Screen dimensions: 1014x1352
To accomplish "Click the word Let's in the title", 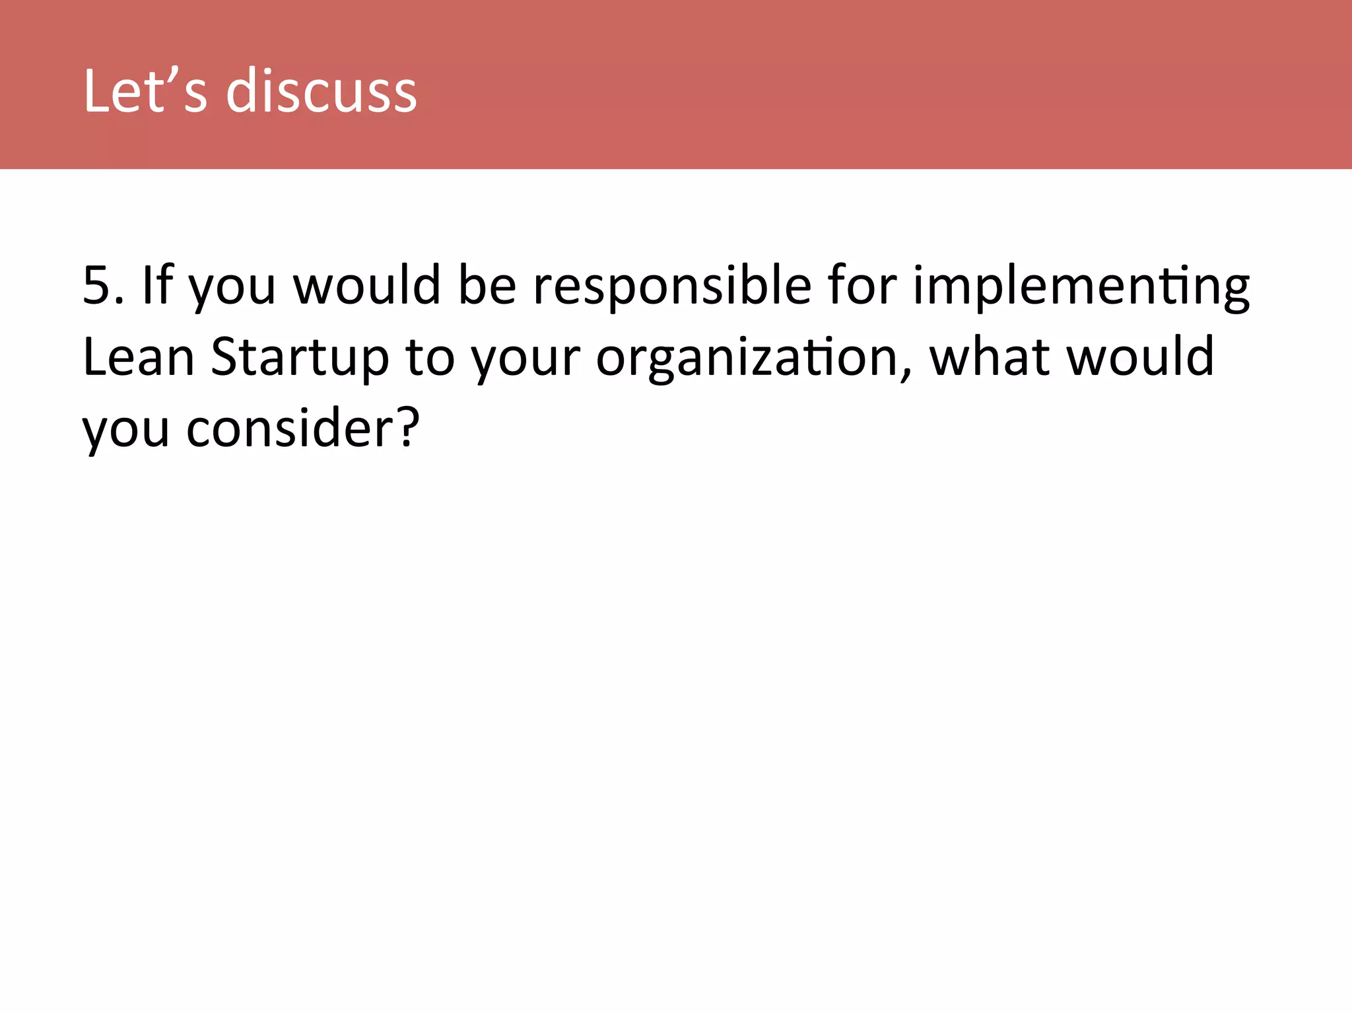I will [x=145, y=91].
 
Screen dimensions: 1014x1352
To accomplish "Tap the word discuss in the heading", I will [x=321, y=91].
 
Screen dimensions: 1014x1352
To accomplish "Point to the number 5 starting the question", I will [x=96, y=285].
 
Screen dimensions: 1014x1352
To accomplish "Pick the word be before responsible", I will [x=487, y=285].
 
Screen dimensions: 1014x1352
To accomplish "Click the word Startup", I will [x=300, y=358].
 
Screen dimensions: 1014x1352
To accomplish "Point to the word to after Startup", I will [x=430, y=357].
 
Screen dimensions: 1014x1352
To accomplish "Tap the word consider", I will [x=290, y=429].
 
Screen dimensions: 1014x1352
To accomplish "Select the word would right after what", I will [x=1140, y=357].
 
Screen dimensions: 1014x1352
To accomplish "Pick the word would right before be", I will [x=366, y=285].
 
